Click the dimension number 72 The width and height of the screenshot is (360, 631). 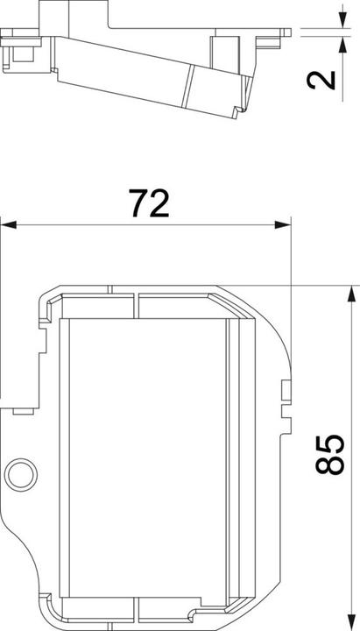(x=149, y=202)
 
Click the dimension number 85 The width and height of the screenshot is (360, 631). (x=330, y=454)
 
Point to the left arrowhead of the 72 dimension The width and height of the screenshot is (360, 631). (x=9, y=224)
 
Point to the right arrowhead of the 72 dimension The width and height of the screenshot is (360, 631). (x=283, y=224)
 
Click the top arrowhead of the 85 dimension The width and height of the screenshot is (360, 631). (x=352, y=294)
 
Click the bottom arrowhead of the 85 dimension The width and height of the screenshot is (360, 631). (x=352, y=622)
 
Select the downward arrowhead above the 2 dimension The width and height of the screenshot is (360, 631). (x=342, y=20)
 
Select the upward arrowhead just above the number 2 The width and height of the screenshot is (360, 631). (x=342, y=45)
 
